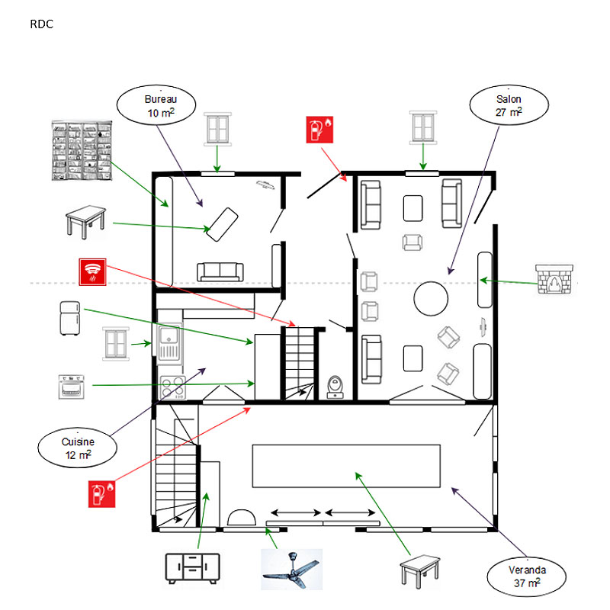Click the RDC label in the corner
tap(41, 24)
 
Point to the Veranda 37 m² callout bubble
tap(528, 576)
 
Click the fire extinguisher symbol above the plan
tap(319, 130)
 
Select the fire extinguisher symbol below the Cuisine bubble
tap(101, 494)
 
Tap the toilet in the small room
tap(335, 387)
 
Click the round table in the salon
tap(430, 298)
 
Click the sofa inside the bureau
tap(220, 271)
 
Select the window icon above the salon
tap(424, 127)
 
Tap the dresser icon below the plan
tap(193, 568)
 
